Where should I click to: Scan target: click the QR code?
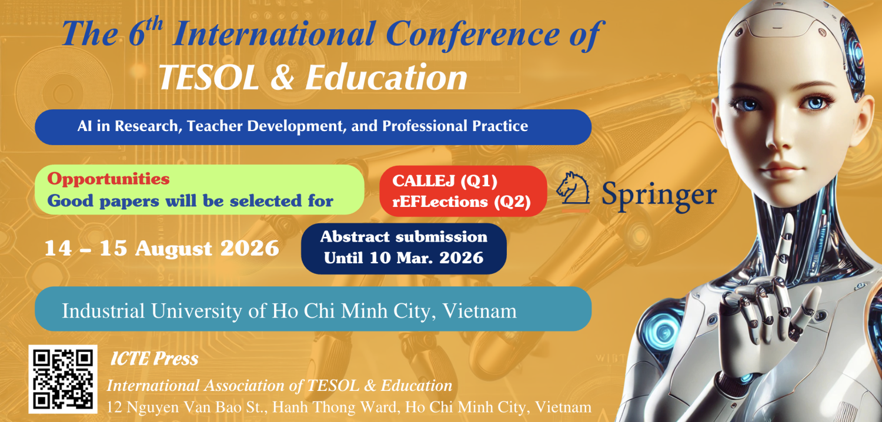(x=63, y=379)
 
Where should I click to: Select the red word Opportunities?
(x=108, y=179)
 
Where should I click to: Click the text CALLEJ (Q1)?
(x=445, y=181)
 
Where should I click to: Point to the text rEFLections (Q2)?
(x=462, y=202)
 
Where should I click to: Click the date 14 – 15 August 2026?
(x=162, y=249)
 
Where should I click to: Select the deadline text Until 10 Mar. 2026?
(x=403, y=257)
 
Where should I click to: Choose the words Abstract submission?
(x=403, y=237)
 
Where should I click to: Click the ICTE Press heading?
(x=154, y=359)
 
